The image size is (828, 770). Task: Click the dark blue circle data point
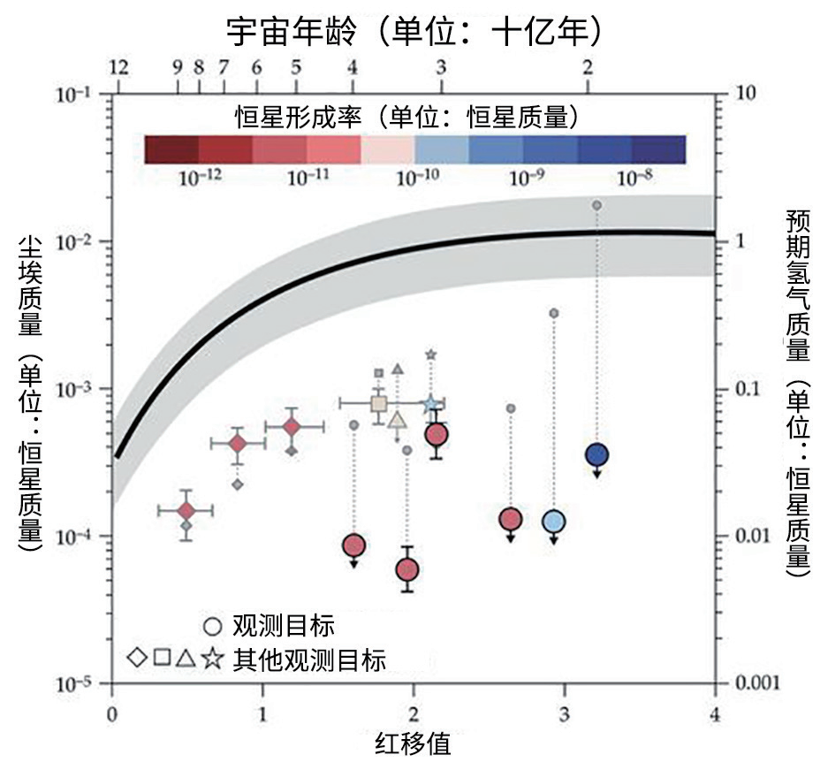coord(597,454)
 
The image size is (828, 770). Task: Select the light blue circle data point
coord(554,522)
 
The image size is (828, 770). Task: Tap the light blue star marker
coord(430,403)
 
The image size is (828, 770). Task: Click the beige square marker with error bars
coord(379,403)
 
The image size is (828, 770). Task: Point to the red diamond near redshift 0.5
coord(186,510)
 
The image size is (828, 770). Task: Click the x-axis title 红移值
coord(414,744)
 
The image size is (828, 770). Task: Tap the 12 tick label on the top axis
coord(118,67)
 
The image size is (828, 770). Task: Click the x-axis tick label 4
coord(714,713)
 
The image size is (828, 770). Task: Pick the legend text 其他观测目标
coord(309,659)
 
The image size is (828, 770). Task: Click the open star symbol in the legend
coord(212,659)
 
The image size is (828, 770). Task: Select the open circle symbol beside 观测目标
coord(212,627)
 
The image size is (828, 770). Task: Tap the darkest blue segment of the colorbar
coord(659,149)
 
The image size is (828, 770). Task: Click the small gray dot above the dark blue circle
coord(596,205)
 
